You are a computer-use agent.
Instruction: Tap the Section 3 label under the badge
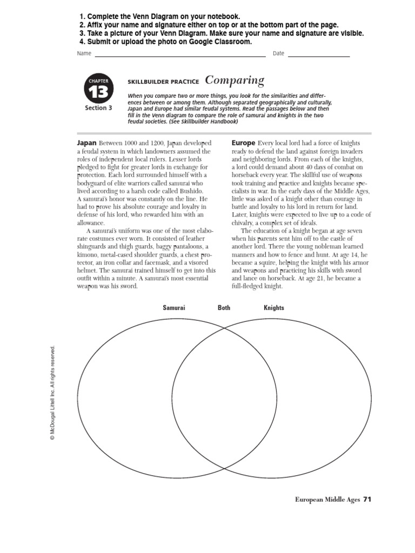point(98,108)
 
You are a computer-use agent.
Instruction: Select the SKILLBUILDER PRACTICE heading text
point(163,82)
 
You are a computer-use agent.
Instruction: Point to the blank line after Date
point(318,54)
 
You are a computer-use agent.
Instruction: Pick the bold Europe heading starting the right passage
point(243,143)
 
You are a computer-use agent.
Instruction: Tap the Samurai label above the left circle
point(174,308)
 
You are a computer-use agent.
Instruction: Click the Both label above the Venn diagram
point(224,308)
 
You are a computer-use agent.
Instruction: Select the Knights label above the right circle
point(273,308)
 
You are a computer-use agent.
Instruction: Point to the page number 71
point(367,499)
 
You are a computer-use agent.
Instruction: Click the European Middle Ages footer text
point(327,500)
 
